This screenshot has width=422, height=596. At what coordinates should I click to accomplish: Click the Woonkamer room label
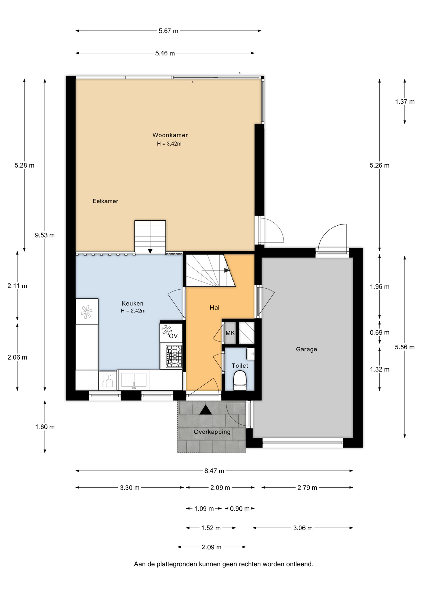tap(170, 135)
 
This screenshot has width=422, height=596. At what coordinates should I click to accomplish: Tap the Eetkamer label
tap(105, 201)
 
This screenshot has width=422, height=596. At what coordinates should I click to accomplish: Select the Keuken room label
tap(132, 304)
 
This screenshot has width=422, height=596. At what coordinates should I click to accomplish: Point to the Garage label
tap(306, 349)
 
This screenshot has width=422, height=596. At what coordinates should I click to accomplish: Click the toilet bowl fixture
tap(240, 381)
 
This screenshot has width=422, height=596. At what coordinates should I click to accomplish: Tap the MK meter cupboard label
tap(230, 333)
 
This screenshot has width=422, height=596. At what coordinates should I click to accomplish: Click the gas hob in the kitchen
tap(174, 357)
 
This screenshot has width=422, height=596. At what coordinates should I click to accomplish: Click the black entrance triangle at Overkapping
tap(205, 410)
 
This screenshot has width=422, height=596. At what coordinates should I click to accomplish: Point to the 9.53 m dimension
tap(45, 235)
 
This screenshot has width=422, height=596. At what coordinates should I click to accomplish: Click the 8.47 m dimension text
tap(214, 471)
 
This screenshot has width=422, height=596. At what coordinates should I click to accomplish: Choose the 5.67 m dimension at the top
tap(168, 31)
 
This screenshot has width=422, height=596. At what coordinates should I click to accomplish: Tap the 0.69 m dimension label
tap(379, 332)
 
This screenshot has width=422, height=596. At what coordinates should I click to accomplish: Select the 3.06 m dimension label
tap(303, 528)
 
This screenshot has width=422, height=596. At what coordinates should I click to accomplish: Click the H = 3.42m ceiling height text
tap(169, 144)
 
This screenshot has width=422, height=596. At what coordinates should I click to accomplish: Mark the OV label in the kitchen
tap(173, 336)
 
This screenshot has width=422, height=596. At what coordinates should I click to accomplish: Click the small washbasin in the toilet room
tap(250, 354)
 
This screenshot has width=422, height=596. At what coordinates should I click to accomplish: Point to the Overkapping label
tap(212, 432)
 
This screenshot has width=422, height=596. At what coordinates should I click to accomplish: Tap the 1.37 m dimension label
tap(405, 102)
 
